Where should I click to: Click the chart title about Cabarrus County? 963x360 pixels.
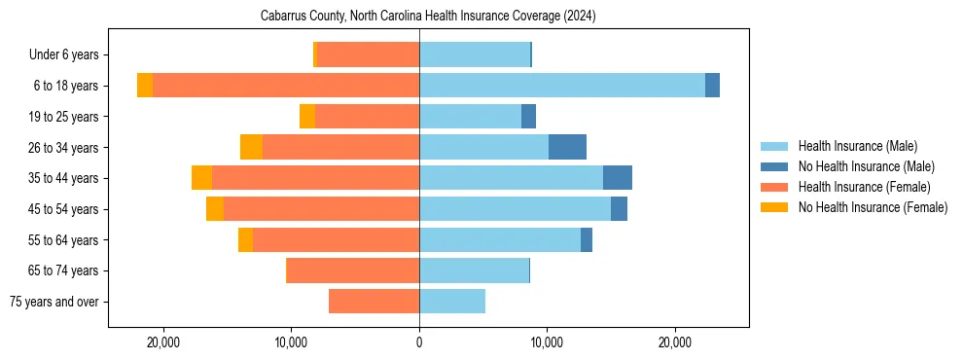(x=428, y=17)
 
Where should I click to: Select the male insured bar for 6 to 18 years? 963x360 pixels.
(x=562, y=86)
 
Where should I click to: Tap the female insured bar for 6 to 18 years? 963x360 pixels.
(x=286, y=86)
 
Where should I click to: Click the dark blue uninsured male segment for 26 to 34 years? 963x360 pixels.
(x=567, y=147)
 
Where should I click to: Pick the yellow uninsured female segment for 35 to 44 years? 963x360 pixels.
(x=201, y=178)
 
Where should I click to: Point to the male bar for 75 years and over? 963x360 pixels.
(x=452, y=302)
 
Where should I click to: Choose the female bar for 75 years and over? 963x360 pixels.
(x=374, y=302)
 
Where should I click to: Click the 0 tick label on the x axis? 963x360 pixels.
(x=419, y=342)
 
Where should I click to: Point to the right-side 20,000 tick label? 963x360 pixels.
(x=675, y=342)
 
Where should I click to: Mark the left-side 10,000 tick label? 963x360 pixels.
(x=291, y=342)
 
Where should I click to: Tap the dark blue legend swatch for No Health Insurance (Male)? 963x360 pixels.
(x=775, y=166)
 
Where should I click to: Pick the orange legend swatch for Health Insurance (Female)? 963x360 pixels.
(x=775, y=187)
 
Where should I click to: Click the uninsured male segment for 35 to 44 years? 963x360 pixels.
(x=618, y=178)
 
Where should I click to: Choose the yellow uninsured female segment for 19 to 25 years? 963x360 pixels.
(x=307, y=117)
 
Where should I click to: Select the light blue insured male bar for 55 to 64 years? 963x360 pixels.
(x=500, y=239)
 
